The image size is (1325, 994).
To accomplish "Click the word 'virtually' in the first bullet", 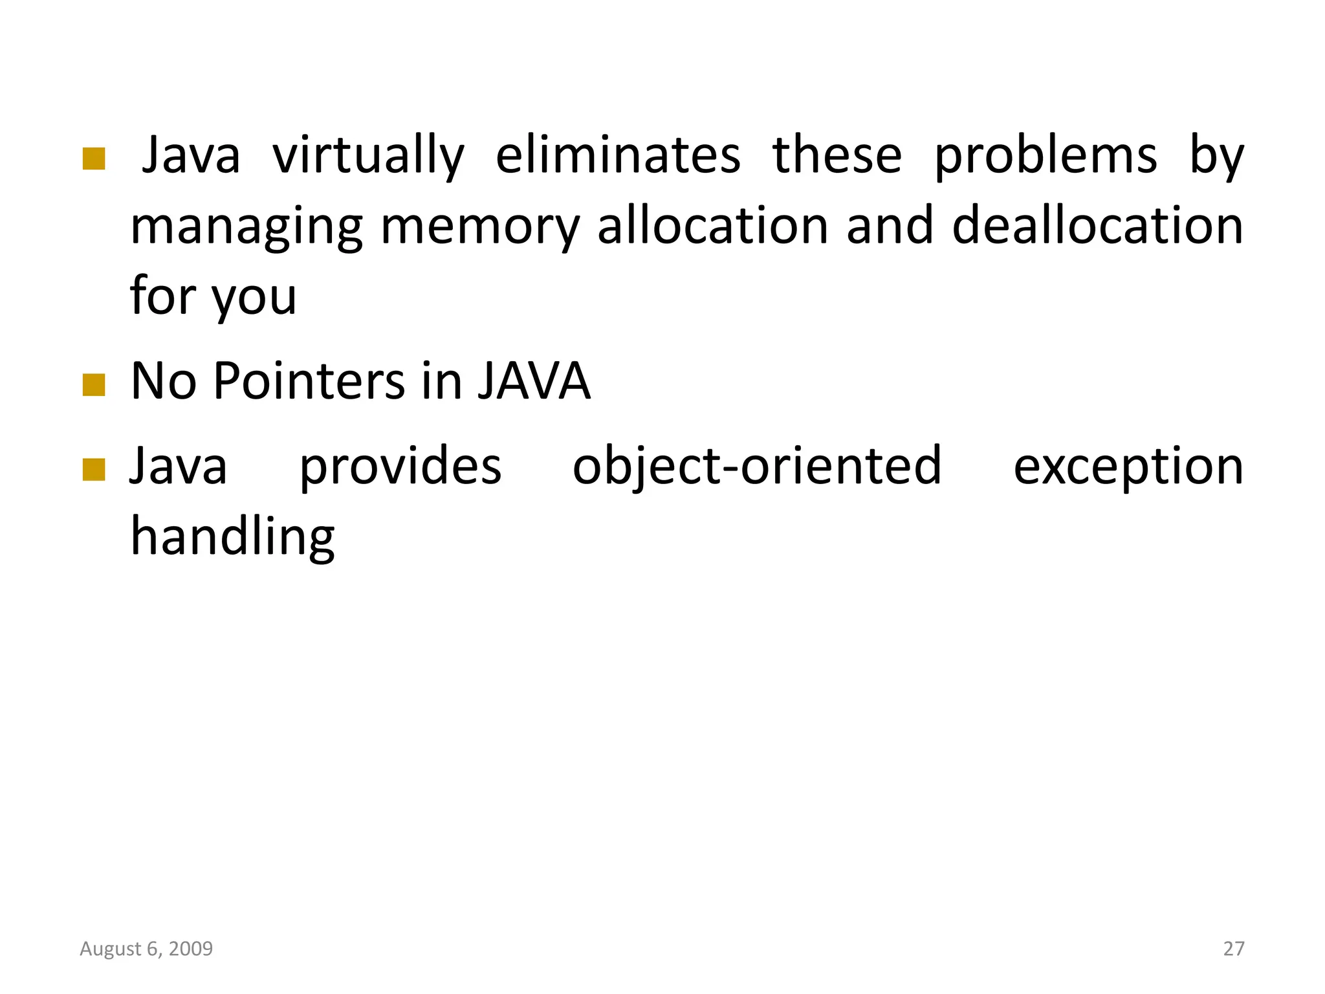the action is [x=368, y=156].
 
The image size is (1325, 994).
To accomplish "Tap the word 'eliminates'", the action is [x=618, y=156].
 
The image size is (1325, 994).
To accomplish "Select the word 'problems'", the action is [x=1046, y=156].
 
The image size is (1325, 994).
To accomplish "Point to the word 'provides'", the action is [x=400, y=467].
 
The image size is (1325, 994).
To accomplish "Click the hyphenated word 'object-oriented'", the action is [x=757, y=467].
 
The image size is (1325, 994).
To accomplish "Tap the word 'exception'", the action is [x=1128, y=467].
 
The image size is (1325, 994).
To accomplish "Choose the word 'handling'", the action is [x=233, y=537].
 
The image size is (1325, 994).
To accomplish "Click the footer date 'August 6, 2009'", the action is [x=146, y=949].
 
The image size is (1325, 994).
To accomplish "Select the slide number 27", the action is [x=1233, y=949].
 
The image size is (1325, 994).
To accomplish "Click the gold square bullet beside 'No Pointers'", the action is [x=94, y=385].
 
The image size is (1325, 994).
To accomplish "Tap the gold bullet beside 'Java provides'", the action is [x=94, y=470].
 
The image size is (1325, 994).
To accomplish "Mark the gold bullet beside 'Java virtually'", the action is [x=94, y=159].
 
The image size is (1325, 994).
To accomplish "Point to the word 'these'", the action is [x=837, y=156].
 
